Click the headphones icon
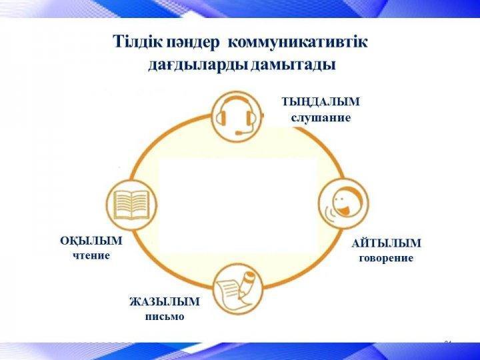[237, 117]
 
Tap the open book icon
[131, 205]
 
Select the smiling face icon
[344, 204]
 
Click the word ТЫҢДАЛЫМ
[321, 101]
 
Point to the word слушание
[321, 118]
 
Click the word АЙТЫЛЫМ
[386, 243]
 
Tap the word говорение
[386, 259]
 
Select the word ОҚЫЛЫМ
[91, 241]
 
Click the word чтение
[91, 255]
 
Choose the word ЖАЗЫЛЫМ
[165, 301]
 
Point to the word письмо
[165, 317]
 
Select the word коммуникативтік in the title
[297, 42]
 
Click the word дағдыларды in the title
[197, 65]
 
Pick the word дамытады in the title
[293, 65]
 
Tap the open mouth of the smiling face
[345, 211]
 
